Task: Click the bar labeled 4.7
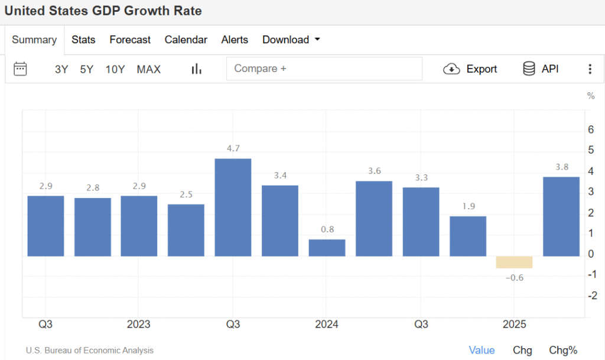tap(233, 207)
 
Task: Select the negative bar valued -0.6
tap(514, 262)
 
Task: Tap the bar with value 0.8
tap(327, 248)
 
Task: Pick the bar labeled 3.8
tap(561, 216)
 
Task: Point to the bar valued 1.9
tap(467, 236)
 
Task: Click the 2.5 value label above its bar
tap(186, 194)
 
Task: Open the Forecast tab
tap(130, 40)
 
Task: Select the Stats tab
tap(83, 40)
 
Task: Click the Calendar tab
tap(186, 40)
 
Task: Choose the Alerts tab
tap(235, 40)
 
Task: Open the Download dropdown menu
tap(291, 40)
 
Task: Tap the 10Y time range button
tap(115, 69)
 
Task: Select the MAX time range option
tap(148, 69)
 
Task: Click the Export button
tap(470, 69)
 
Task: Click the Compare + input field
tap(324, 69)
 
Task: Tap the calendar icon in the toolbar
tap(20, 69)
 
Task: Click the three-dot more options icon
tap(589, 69)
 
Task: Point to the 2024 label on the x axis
tap(327, 325)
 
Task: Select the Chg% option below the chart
tap(563, 350)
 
